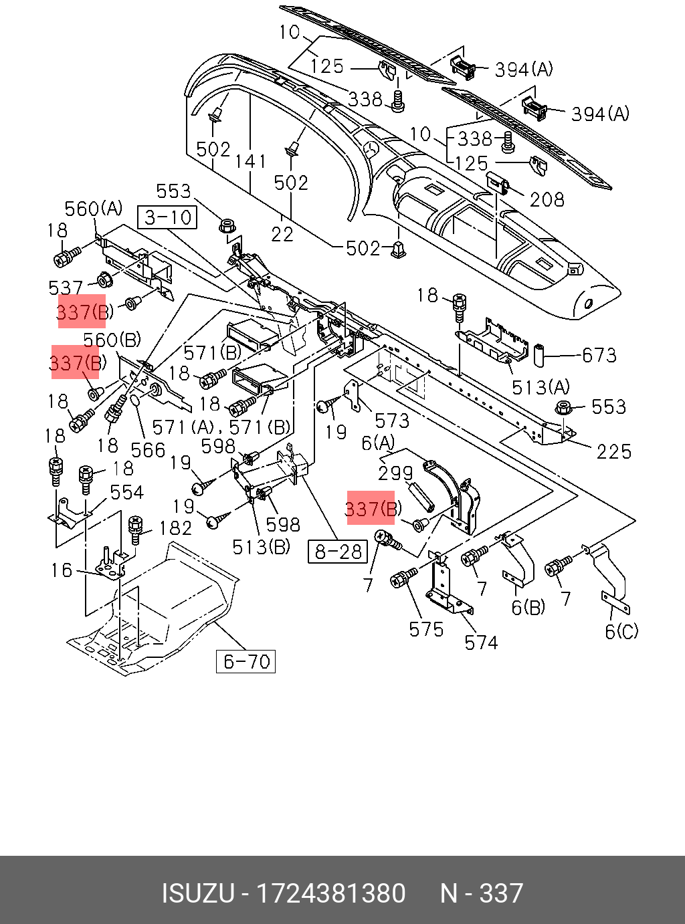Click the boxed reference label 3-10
(x=168, y=217)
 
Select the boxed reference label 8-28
(x=338, y=551)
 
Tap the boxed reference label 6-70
(x=246, y=662)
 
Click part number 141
(x=250, y=162)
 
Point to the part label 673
(x=599, y=355)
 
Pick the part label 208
(x=547, y=199)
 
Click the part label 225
(x=613, y=452)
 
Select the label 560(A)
(x=94, y=209)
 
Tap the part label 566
(x=148, y=450)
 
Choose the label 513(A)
(x=541, y=387)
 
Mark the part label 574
(x=481, y=643)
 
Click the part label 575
(x=426, y=629)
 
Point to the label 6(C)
(x=621, y=631)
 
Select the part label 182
(x=175, y=528)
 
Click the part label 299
(x=395, y=473)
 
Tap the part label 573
(x=391, y=421)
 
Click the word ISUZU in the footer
(x=198, y=894)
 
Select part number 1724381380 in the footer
(x=331, y=894)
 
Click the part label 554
(x=126, y=493)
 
